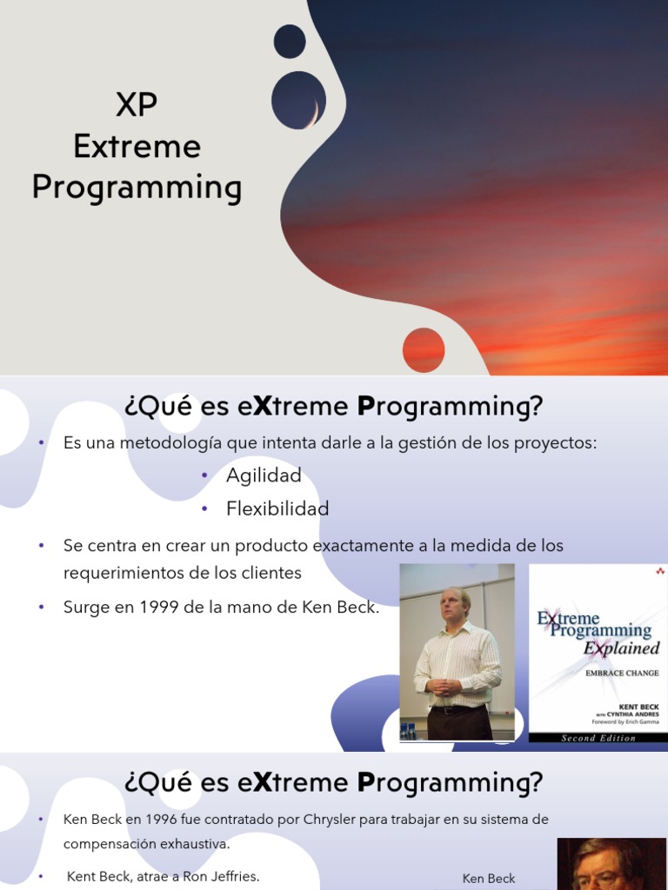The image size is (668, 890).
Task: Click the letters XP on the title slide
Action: pos(137,105)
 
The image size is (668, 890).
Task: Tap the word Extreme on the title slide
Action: pos(137,146)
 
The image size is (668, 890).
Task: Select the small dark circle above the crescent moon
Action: pos(290,42)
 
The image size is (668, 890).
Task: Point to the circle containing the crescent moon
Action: pos(298,100)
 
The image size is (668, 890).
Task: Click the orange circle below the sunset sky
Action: pos(424,350)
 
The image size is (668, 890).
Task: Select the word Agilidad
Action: pos(264,475)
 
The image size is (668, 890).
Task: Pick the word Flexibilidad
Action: pos(277,508)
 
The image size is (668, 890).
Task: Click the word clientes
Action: pos(271,573)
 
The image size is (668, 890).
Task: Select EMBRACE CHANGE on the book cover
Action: pos(623,673)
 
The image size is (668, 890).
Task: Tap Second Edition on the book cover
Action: pos(598,738)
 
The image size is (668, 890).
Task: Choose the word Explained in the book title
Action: pos(621,648)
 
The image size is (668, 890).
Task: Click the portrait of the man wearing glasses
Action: pos(611,864)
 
